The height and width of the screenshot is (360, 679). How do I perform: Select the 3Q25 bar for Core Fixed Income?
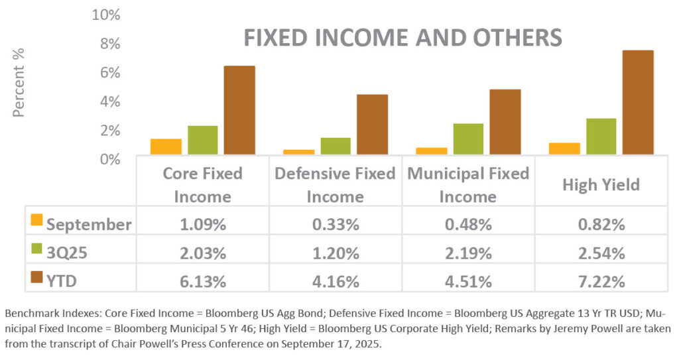(x=202, y=140)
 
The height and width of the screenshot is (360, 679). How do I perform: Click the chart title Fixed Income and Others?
(x=402, y=37)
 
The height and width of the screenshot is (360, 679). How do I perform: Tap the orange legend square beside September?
(x=37, y=219)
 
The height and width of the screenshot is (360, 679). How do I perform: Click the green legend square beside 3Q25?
(x=37, y=249)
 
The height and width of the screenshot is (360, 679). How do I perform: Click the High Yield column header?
(x=601, y=184)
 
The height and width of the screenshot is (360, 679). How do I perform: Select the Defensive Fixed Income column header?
(x=335, y=185)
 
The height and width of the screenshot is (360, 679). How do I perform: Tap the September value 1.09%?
(x=202, y=224)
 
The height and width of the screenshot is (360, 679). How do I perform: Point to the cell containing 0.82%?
(x=601, y=224)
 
